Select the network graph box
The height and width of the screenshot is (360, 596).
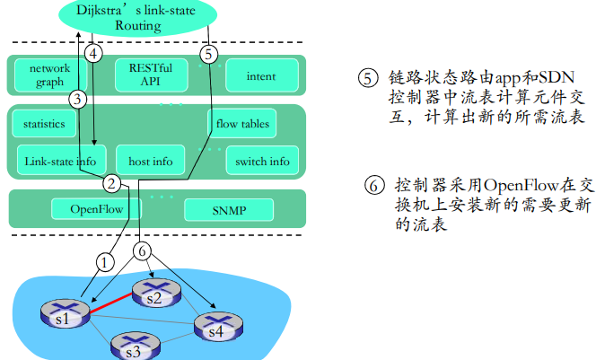coord(48,75)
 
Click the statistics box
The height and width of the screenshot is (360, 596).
coord(44,124)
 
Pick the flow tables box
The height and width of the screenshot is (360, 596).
coord(242,124)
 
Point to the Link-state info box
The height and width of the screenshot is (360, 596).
coord(61,162)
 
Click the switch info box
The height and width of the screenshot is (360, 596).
coord(261,162)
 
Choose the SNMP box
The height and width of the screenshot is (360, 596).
coord(229,210)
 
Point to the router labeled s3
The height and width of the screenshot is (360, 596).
coord(132,346)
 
